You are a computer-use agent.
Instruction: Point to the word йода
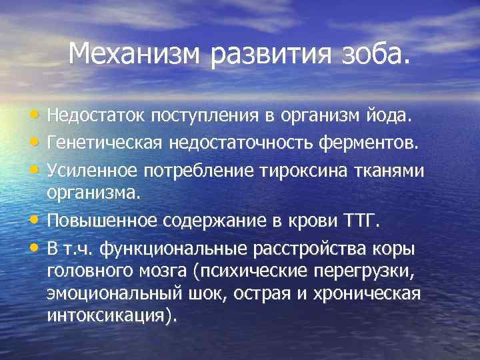pos(398,117)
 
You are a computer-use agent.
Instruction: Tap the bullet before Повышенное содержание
pos(35,220)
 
